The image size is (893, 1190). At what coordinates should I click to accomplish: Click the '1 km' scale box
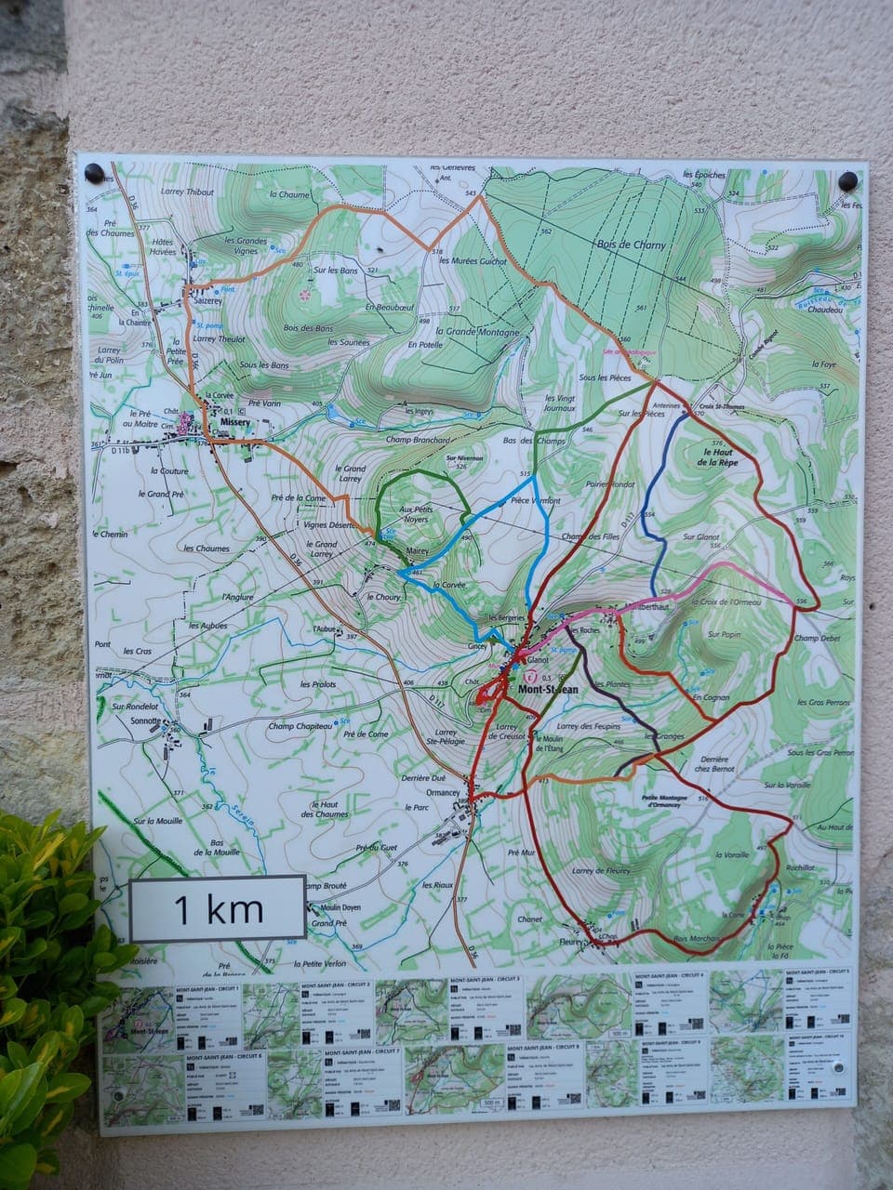point(218,908)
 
